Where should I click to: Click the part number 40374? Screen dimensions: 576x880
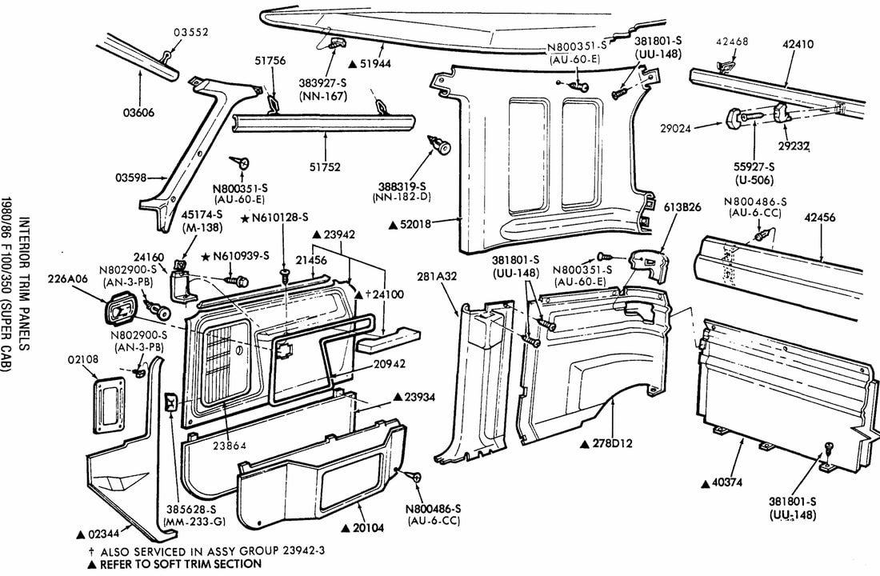727,482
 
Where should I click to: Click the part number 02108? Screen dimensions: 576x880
82,360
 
